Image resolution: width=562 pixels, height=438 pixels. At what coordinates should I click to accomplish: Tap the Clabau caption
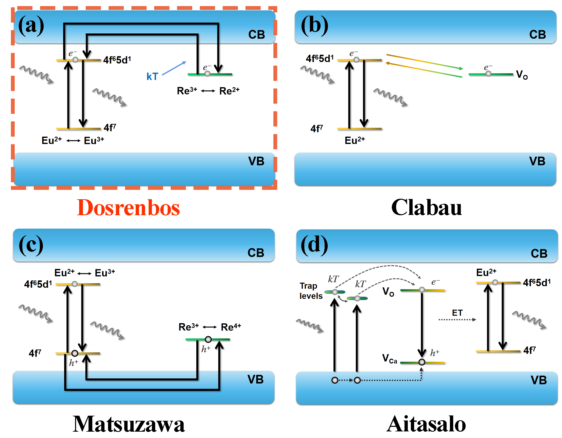coord(426,208)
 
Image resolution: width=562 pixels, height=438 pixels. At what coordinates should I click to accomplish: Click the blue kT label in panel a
coord(152,77)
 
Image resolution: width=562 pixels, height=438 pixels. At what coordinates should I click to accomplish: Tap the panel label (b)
coord(314,26)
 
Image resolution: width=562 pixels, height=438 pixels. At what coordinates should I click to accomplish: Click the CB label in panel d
coord(539,253)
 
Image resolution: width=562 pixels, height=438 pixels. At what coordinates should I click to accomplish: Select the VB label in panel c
coord(255,380)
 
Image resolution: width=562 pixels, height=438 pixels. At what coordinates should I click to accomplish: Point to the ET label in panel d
coord(457,313)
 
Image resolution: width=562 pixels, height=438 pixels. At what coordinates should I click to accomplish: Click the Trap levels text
coord(311,291)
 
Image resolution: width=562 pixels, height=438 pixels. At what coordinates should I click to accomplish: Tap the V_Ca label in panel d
coord(389,358)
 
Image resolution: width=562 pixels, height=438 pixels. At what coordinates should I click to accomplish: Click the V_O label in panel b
coord(522,75)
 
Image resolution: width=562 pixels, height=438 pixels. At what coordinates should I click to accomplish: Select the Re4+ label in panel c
coord(231,327)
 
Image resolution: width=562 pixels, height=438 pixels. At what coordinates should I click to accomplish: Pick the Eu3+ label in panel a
coord(94,141)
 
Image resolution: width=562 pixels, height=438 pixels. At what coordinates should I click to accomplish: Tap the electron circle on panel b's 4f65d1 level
coord(356,60)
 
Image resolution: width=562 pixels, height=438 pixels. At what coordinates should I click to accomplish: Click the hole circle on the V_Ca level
coord(422,362)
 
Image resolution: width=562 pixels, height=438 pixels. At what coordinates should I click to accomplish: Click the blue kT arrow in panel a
coord(174,68)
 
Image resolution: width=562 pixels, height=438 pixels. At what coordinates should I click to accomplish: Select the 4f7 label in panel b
coord(317,128)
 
